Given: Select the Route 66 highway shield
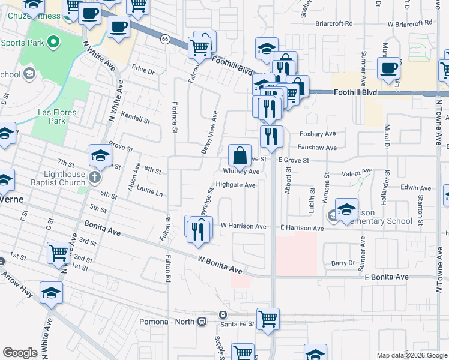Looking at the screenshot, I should tap(164, 39).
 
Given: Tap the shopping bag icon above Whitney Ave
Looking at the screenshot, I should tap(240, 156).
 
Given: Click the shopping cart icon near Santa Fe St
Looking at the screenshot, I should tap(268, 319).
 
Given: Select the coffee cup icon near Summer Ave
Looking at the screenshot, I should tap(388, 68).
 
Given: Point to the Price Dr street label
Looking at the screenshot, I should tap(143, 70).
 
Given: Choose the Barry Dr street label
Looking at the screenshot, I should tap(343, 263).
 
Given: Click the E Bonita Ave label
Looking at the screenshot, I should tap(386, 277).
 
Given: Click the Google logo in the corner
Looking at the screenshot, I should tap(20, 352).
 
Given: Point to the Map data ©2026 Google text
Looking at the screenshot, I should tap(411, 355).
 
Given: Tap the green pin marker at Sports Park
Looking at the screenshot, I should tap(53, 42).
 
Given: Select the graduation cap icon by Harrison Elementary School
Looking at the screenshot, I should tap(346, 210).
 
